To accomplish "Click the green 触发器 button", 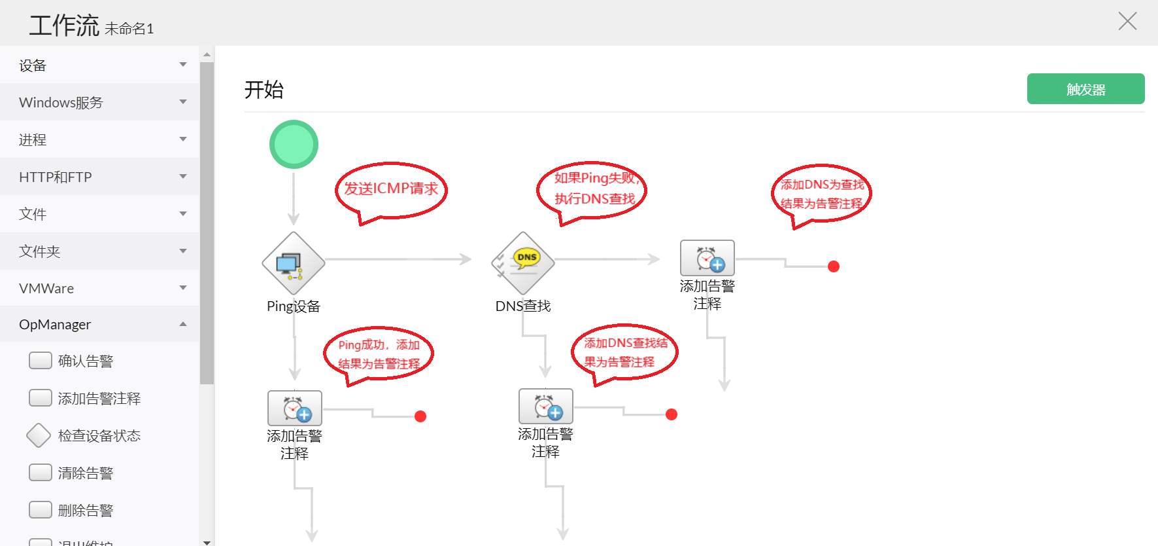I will (x=1085, y=89).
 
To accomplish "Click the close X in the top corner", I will (x=1127, y=21).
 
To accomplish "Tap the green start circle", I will (x=294, y=144).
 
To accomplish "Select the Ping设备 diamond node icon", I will (x=294, y=263).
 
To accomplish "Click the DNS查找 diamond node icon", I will (x=523, y=263).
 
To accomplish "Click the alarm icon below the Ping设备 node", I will (x=295, y=408).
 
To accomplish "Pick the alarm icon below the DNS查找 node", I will (x=546, y=406).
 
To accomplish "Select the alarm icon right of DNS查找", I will (x=707, y=258).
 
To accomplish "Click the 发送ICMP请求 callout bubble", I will (x=391, y=189).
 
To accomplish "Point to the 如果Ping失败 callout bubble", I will (x=592, y=189).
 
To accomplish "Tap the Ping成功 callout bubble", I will (x=379, y=354).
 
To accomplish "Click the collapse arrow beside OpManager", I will (x=183, y=324).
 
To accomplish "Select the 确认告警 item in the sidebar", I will (x=85, y=361).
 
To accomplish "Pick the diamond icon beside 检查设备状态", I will (x=39, y=435).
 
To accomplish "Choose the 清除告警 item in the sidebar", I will (x=85, y=473).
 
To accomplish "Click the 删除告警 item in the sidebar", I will (x=85, y=510).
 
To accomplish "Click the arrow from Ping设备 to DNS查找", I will (x=399, y=260).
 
